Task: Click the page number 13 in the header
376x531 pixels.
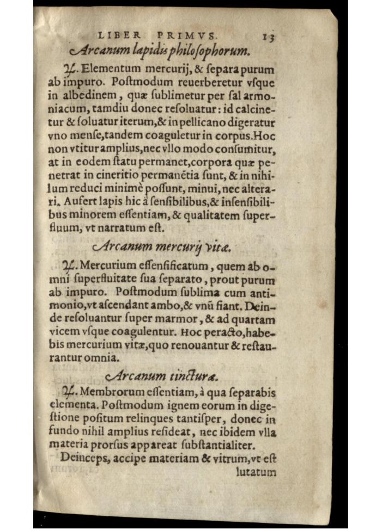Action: click(268, 38)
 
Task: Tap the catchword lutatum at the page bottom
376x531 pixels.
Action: click(256, 471)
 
